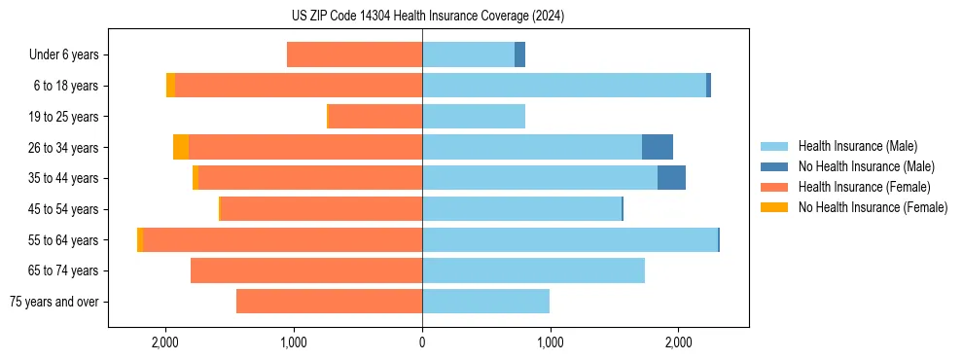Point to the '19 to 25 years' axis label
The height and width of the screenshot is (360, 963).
point(63,117)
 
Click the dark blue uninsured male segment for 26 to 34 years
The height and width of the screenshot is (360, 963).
point(658,147)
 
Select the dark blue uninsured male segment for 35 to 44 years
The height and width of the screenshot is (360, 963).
point(671,178)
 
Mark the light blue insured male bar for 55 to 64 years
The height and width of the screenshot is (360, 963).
point(569,239)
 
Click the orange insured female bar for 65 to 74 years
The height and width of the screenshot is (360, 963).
point(306,270)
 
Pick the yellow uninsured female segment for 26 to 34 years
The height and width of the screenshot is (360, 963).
point(181,147)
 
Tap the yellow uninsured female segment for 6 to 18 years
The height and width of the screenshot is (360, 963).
point(170,86)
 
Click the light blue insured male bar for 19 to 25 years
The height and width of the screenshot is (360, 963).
point(474,117)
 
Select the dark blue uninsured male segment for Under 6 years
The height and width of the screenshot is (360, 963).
point(519,55)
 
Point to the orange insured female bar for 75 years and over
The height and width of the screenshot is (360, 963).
point(329,302)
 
